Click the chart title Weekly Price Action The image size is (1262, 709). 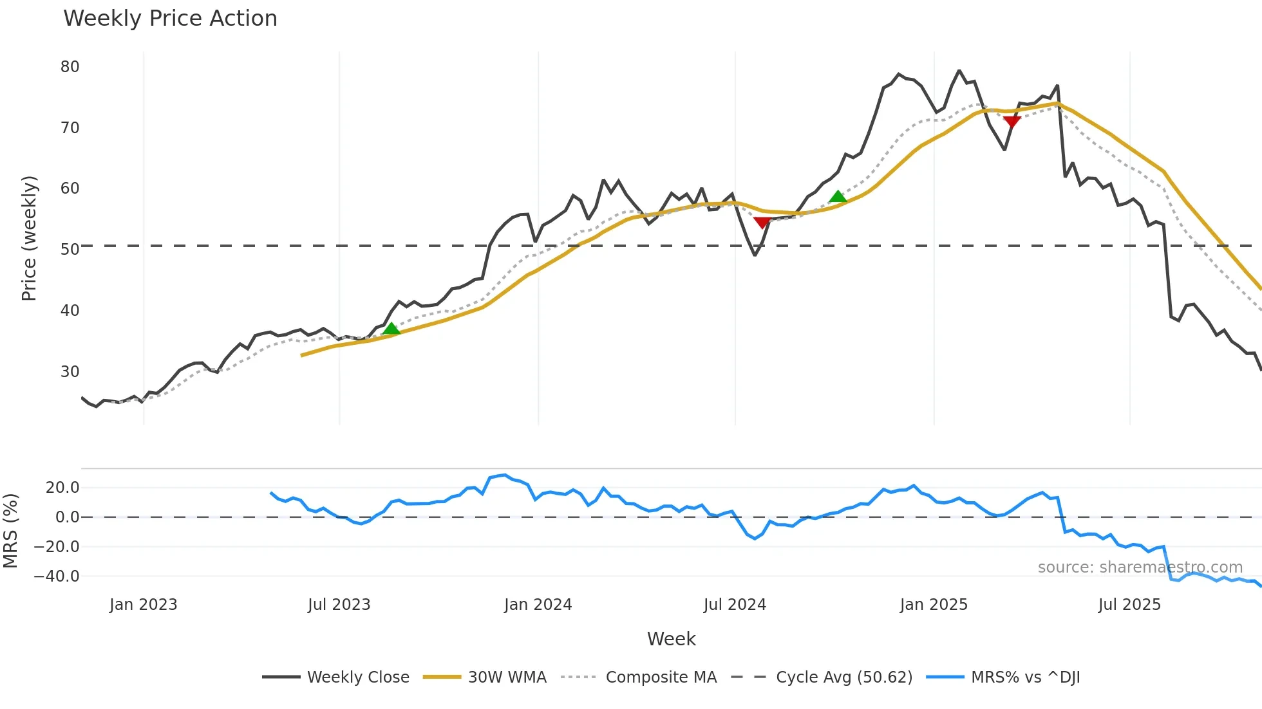coord(170,19)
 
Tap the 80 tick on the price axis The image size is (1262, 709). coord(70,67)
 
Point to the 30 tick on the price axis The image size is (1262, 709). coord(70,372)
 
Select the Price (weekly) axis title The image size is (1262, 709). coord(29,238)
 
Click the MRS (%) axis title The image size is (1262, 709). coord(10,531)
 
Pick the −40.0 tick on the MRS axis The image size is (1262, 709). coord(57,576)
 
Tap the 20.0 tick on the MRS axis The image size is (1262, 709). coord(62,488)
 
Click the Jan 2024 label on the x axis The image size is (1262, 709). coord(538,605)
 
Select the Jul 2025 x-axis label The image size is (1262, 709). coord(1129,605)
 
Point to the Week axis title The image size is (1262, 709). coord(671,639)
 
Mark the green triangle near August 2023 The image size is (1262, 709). coord(391,329)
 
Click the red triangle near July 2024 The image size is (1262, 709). coord(762,223)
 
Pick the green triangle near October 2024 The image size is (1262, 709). coord(837,197)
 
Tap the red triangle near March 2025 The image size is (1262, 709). coord(1012,122)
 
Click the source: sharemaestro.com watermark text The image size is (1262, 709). coord(1140,567)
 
